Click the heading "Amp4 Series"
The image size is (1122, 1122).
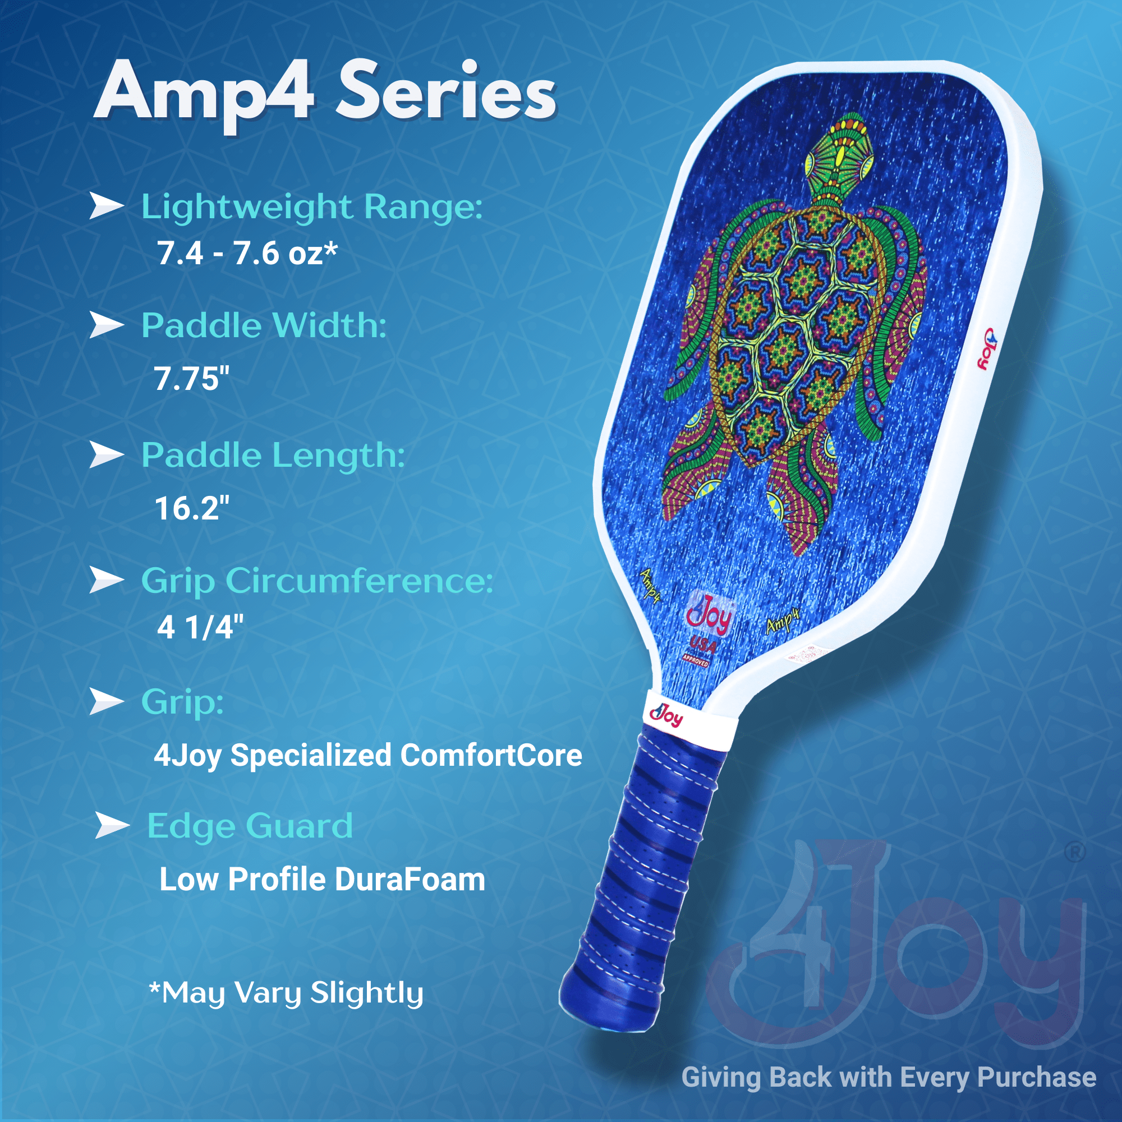[325, 93]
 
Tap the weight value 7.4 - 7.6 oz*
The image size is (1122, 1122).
[247, 253]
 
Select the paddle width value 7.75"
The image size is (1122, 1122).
[192, 378]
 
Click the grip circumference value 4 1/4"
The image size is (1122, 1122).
[200, 627]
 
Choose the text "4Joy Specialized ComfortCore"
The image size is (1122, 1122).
[367, 756]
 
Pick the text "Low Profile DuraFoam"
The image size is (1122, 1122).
[323, 879]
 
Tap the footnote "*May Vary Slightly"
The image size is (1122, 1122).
[286, 992]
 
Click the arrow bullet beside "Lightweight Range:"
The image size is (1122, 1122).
[106, 206]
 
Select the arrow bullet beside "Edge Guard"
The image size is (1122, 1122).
[112, 825]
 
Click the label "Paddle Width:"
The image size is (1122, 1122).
[264, 325]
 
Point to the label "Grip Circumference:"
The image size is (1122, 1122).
[317, 580]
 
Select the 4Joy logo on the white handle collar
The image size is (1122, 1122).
[666, 716]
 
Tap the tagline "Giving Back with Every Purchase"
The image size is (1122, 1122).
[889, 1077]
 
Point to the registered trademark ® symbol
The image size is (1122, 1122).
[1075, 853]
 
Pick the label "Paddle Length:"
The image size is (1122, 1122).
[273, 455]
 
